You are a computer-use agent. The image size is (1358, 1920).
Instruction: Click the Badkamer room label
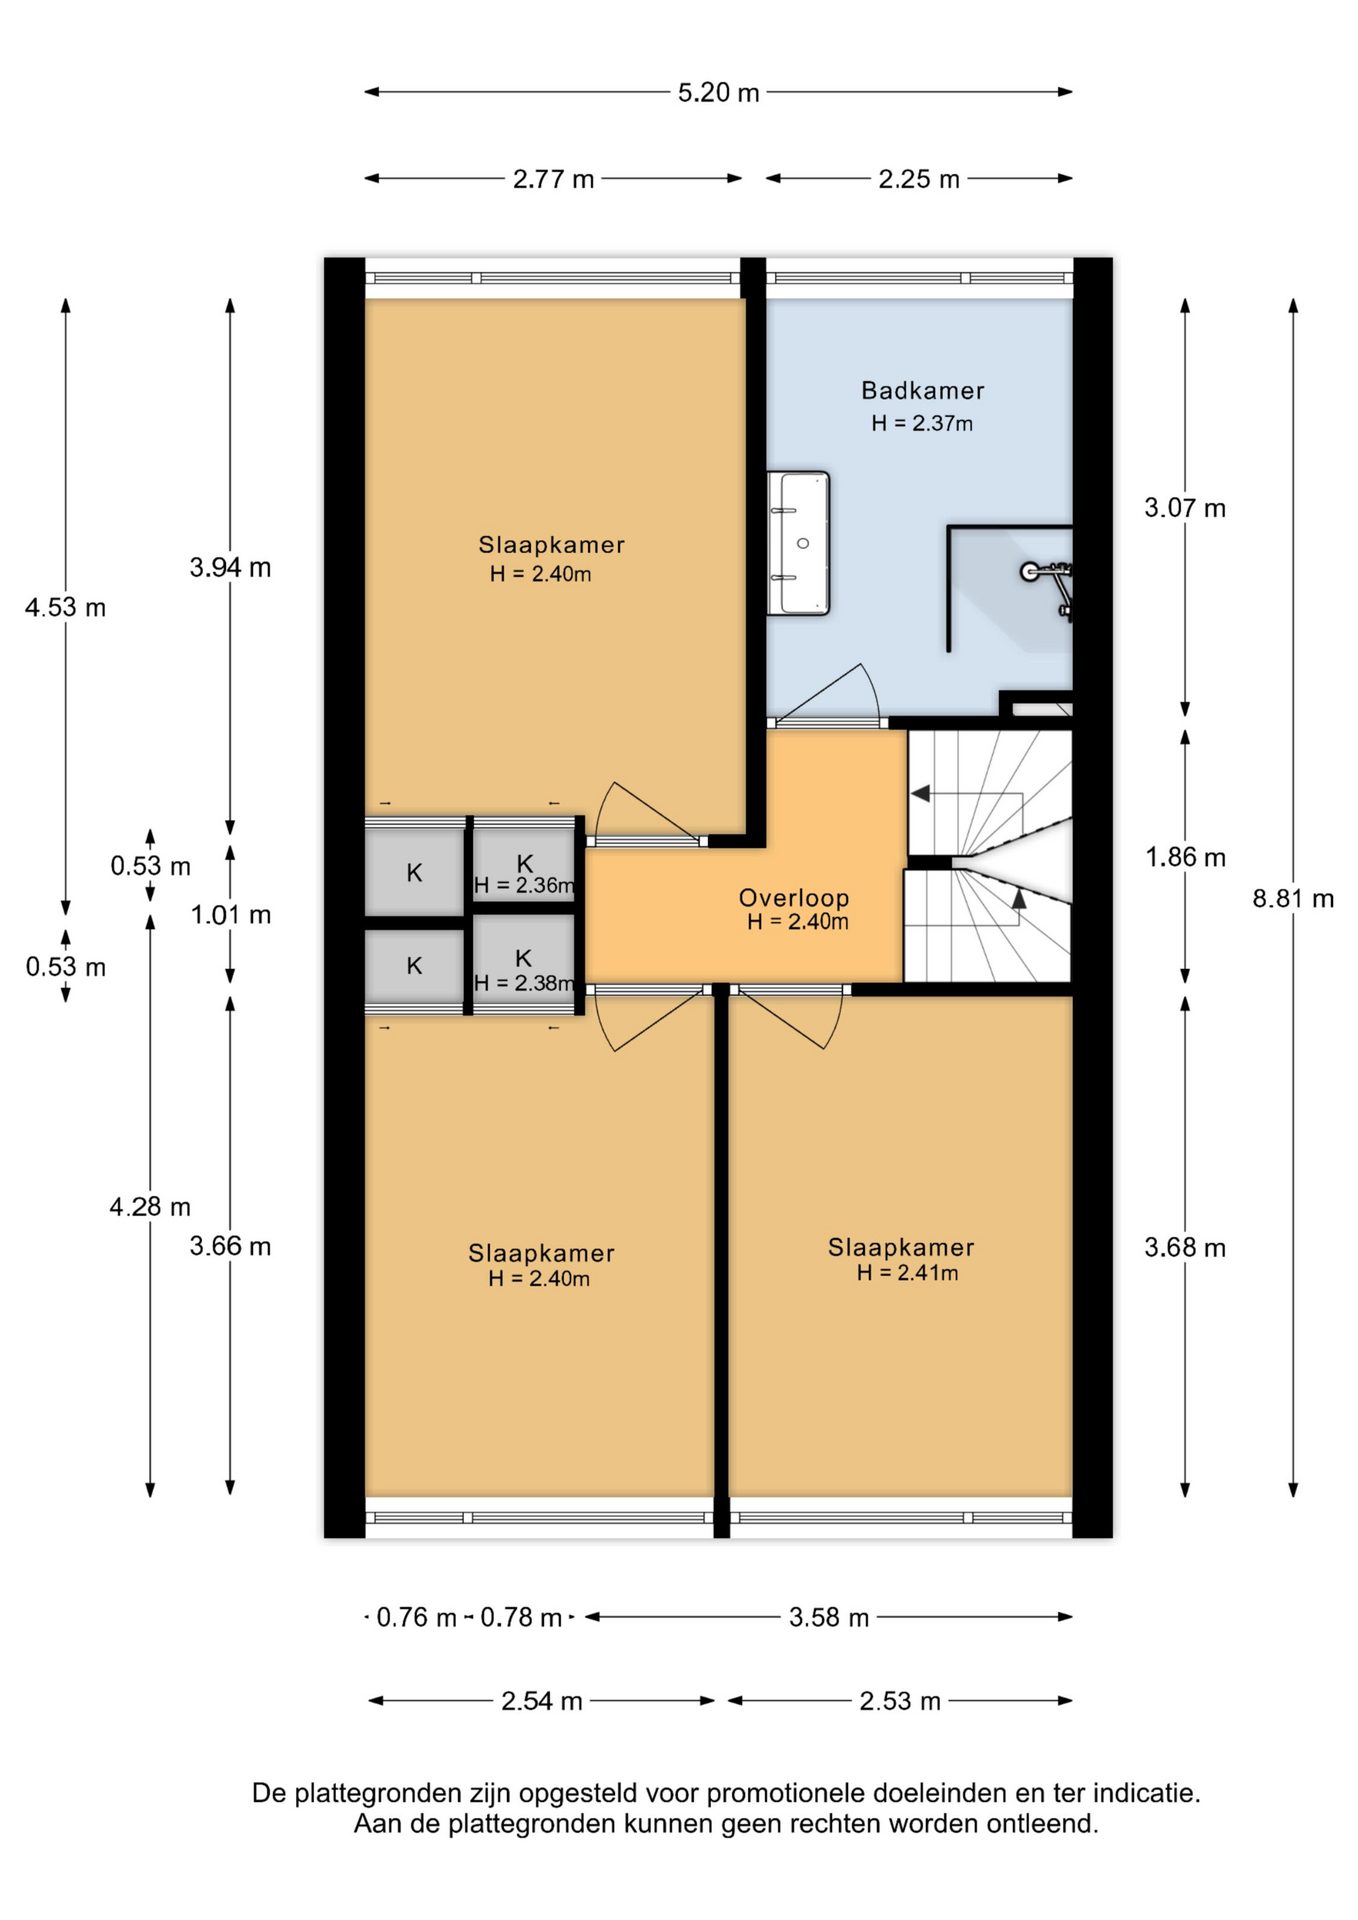click(x=922, y=391)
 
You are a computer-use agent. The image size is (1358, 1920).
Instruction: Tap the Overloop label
click(x=794, y=898)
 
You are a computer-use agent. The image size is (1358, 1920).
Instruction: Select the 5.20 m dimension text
click(x=718, y=93)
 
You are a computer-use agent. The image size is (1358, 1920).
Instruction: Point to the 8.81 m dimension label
click(x=1293, y=899)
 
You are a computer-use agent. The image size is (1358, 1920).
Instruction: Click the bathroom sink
click(x=799, y=543)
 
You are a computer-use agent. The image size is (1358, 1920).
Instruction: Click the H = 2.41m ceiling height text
click(x=907, y=1273)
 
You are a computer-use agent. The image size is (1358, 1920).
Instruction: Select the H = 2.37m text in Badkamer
click(x=921, y=423)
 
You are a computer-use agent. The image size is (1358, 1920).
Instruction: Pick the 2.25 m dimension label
click(x=918, y=180)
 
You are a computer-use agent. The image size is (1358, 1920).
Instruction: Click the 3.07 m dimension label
click(x=1185, y=508)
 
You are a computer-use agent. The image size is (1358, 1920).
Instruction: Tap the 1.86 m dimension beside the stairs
click(x=1185, y=857)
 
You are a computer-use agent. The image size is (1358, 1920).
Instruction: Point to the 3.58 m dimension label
click(x=829, y=1617)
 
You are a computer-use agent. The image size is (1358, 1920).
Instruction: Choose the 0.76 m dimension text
click(x=416, y=1617)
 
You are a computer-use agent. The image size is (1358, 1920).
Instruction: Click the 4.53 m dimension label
click(x=65, y=608)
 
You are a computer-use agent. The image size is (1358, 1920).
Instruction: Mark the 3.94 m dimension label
click(x=230, y=568)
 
